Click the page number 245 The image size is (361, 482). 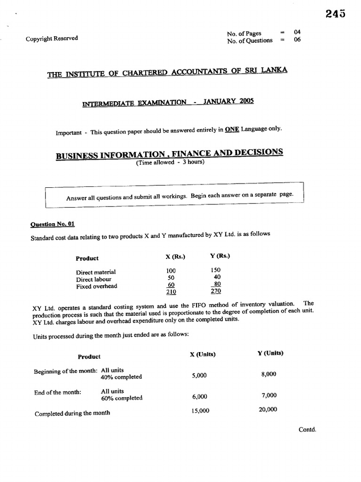335,14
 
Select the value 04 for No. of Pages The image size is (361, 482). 297,32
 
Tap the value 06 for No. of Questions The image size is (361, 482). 297,40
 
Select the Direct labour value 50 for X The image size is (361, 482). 171,278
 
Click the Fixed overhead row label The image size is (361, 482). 96,286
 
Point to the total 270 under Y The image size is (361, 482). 215,291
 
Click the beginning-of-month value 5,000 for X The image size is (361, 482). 199,376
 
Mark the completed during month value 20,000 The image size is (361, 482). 267,410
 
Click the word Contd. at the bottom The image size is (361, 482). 307,429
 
